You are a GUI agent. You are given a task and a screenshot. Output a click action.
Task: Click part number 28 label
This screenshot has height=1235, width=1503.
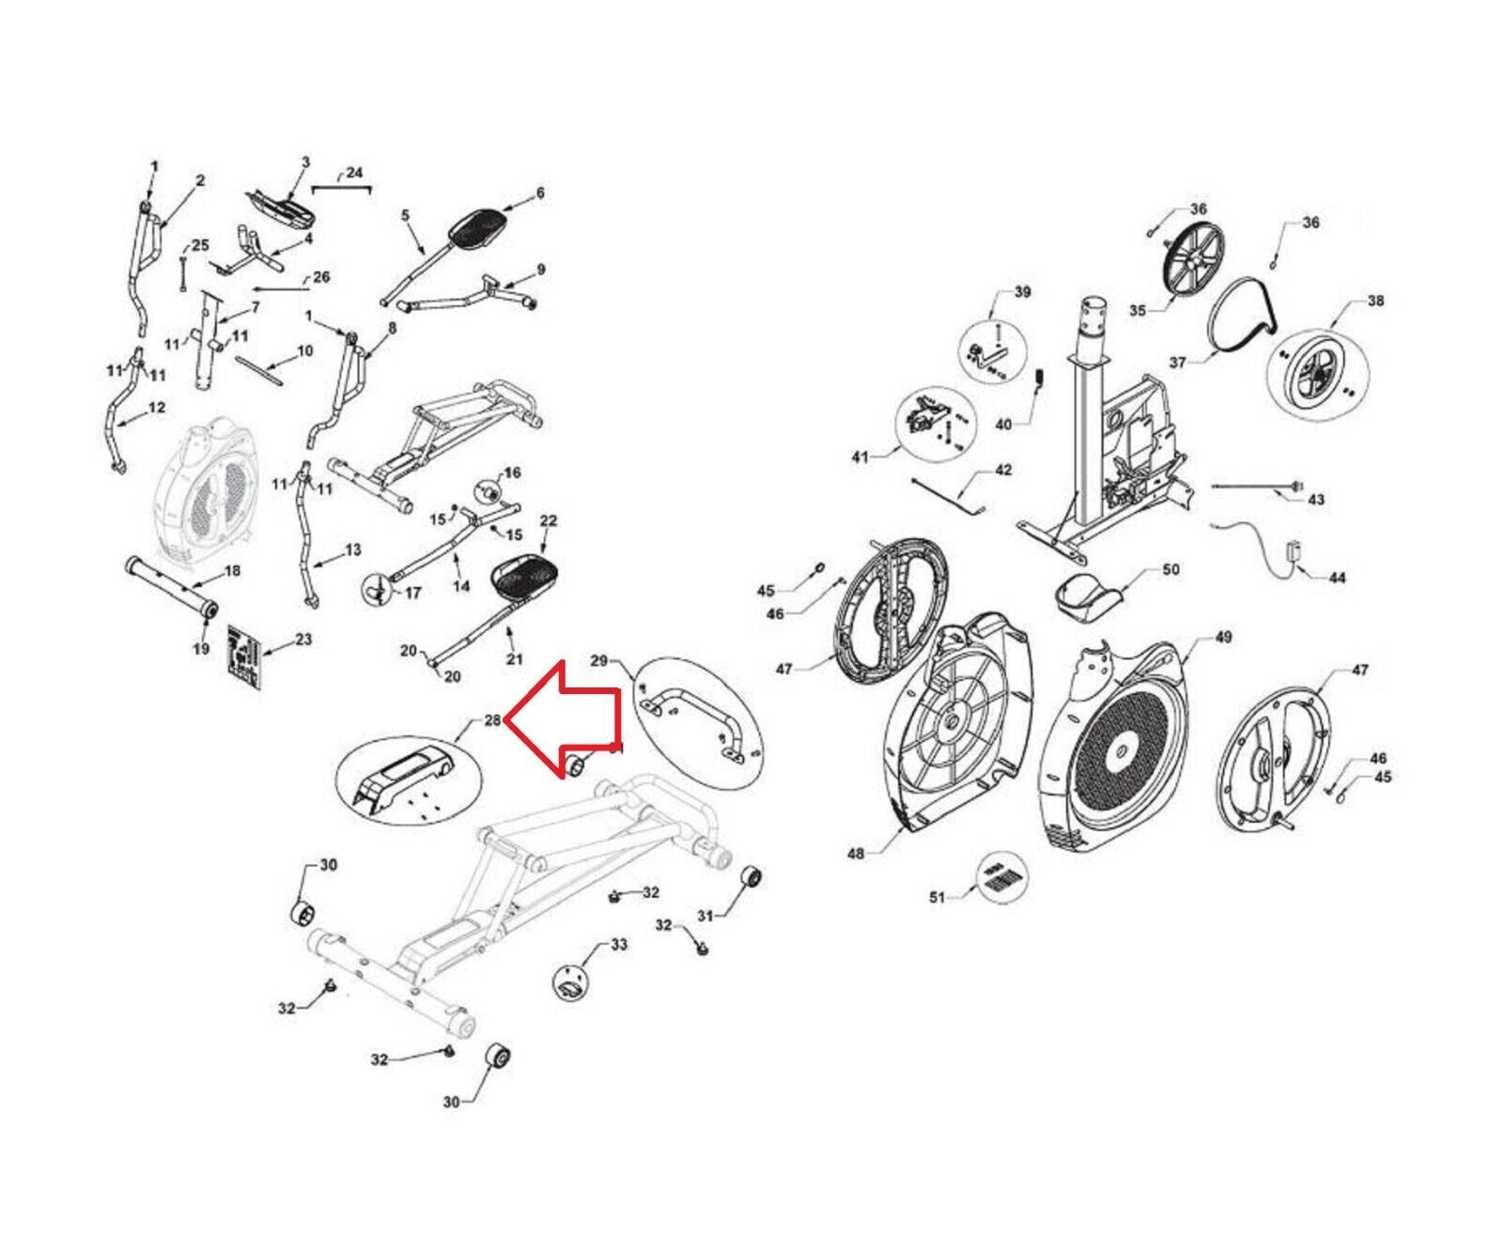coord(492,720)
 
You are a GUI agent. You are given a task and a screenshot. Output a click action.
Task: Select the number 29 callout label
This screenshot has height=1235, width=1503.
coord(598,662)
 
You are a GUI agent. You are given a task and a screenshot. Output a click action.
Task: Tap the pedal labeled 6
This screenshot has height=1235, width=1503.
coord(480,225)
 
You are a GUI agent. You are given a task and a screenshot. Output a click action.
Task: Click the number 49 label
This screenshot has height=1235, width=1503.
coord(1222,637)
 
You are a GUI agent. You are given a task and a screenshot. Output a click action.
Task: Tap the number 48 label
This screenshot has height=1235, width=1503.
coord(855,855)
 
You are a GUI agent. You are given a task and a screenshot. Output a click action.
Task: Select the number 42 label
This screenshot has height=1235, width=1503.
coord(1003,470)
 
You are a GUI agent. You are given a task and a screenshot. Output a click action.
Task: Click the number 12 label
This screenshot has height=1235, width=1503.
coord(156,408)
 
